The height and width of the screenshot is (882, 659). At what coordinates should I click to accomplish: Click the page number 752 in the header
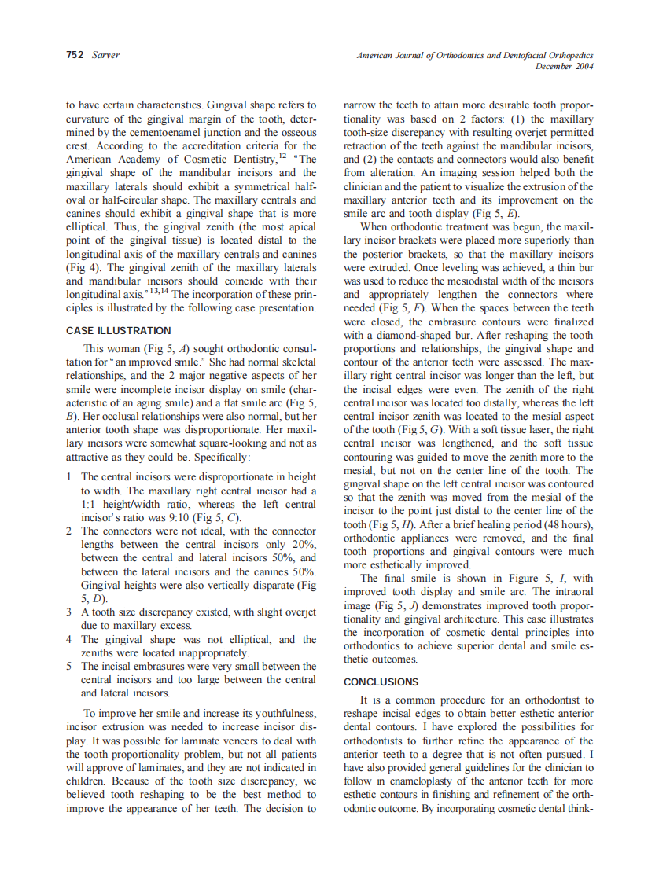75,56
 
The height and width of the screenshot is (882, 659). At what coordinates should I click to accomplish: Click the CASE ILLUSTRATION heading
118,331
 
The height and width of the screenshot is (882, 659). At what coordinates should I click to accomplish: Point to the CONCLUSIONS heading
381,682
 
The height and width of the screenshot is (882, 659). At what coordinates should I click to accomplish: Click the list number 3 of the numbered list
70,612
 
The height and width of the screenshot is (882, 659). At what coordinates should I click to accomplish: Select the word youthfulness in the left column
284,714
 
